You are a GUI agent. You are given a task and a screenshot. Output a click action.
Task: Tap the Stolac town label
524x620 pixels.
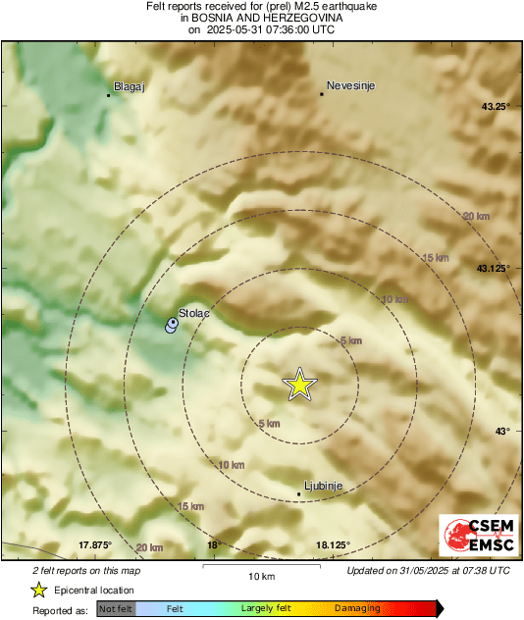(194, 313)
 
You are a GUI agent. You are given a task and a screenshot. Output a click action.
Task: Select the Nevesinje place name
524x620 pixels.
(350, 85)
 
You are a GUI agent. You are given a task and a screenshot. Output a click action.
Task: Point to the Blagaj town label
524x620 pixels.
(130, 86)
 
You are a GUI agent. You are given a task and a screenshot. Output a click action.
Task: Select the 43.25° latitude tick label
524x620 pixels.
(495, 106)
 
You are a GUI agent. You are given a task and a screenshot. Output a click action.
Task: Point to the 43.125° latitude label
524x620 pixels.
(493, 268)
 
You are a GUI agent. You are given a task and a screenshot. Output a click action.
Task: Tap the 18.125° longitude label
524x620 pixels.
(333, 545)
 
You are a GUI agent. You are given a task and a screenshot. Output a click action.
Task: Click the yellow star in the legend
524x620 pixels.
(39, 590)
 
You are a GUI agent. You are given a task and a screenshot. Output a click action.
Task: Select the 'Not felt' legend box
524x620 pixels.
(116, 609)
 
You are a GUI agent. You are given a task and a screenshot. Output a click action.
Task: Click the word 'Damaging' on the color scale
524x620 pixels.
(357, 609)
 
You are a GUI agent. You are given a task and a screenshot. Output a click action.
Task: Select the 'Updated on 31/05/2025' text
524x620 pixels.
(428, 570)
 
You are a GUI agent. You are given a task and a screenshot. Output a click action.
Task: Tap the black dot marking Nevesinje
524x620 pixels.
(321, 94)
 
